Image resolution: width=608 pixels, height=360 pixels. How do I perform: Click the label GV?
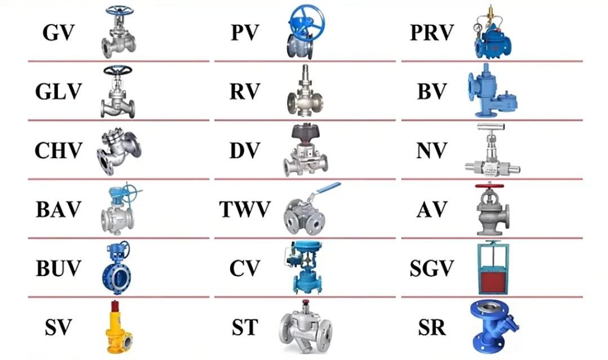point(58,33)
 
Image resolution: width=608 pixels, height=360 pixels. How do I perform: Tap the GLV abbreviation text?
point(59,91)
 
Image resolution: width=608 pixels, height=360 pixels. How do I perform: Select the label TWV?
point(244,210)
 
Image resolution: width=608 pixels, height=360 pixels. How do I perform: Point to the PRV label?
point(431,33)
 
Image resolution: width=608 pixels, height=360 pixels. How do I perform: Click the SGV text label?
point(431,268)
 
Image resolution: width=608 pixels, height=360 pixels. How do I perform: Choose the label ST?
point(244,327)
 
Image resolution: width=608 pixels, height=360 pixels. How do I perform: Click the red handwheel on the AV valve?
point(490,186)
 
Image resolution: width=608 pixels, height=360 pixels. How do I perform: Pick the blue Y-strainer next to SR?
point(493,327)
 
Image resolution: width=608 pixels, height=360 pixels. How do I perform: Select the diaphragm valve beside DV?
point(305,151)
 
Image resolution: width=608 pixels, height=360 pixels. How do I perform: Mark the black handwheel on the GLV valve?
point(118,70)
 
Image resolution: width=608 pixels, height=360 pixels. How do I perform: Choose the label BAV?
point(59,210)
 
